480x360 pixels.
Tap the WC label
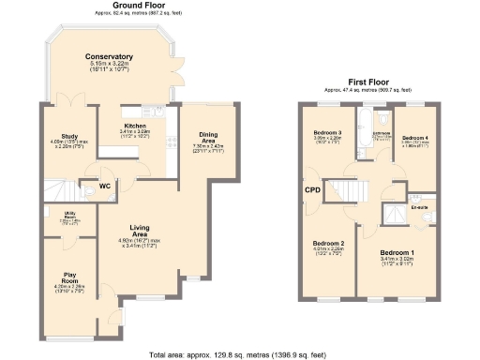click(x=106, y=186)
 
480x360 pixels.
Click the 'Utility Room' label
click(x=57, y=216)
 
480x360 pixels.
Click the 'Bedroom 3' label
click(x=326, y=133)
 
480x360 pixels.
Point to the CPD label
click(x=312, y=191)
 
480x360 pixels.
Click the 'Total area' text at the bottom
click(x=239, y=354)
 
